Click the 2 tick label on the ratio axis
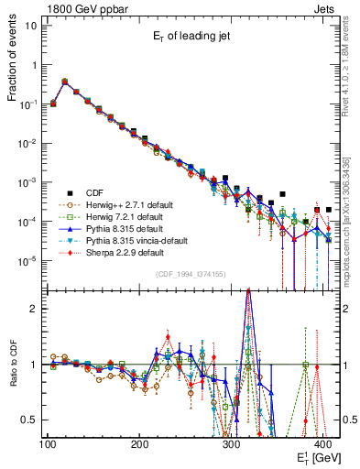(x=35, y=309)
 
